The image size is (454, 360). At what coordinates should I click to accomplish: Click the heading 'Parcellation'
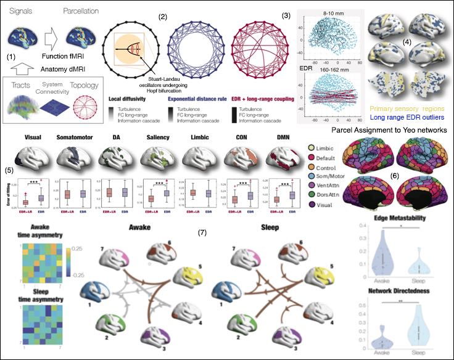click(x=84, y=11)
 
